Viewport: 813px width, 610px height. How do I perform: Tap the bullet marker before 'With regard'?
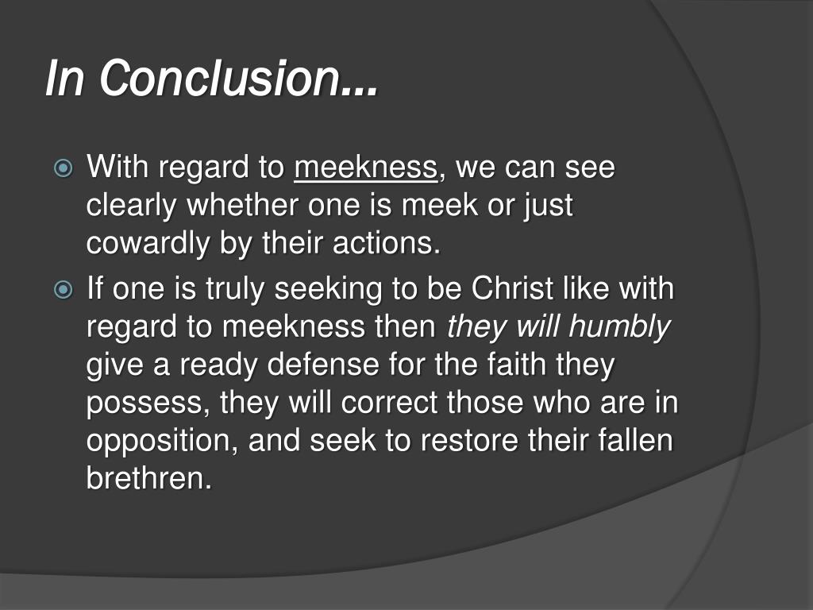coord(63,169)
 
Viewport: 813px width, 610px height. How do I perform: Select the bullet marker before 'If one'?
coord(63,290)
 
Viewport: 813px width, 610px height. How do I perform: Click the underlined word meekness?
coord(366,168)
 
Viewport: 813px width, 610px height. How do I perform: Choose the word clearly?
coord(132,207)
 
